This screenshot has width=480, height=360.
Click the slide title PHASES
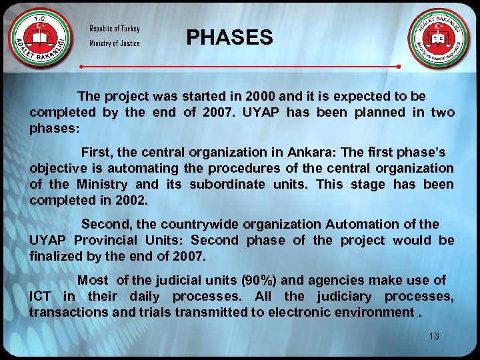pos(229,37)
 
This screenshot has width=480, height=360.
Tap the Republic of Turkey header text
pos(115,29)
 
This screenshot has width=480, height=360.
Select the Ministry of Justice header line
pos(115,43)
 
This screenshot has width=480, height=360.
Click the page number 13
pos(434,337)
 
